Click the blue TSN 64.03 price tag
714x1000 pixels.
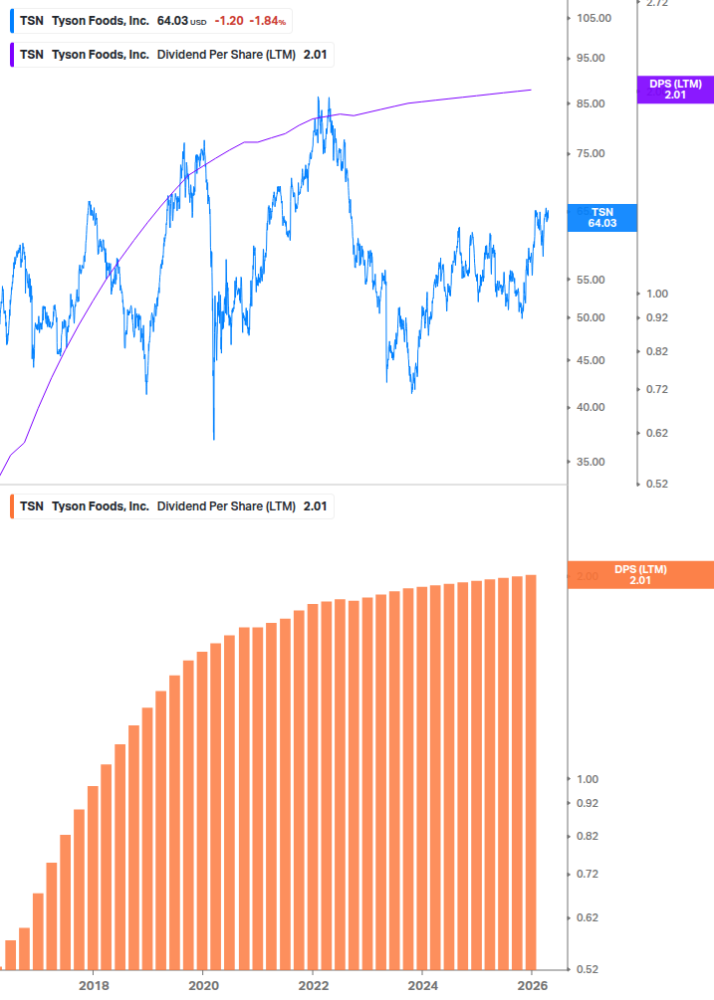601,218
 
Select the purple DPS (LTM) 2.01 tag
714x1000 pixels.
675,90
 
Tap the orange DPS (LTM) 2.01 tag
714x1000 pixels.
640,574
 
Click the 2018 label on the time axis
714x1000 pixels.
94,986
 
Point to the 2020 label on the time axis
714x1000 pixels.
203,986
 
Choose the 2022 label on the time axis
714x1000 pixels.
313,986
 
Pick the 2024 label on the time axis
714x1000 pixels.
422,986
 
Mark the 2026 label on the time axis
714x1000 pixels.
533,986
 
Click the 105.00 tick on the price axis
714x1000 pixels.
593,18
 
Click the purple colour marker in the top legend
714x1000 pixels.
12,55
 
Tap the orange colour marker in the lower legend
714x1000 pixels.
12,505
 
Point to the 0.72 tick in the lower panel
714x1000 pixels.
587,874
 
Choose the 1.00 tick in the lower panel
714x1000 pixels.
587,779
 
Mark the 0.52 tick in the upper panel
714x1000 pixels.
656,484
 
